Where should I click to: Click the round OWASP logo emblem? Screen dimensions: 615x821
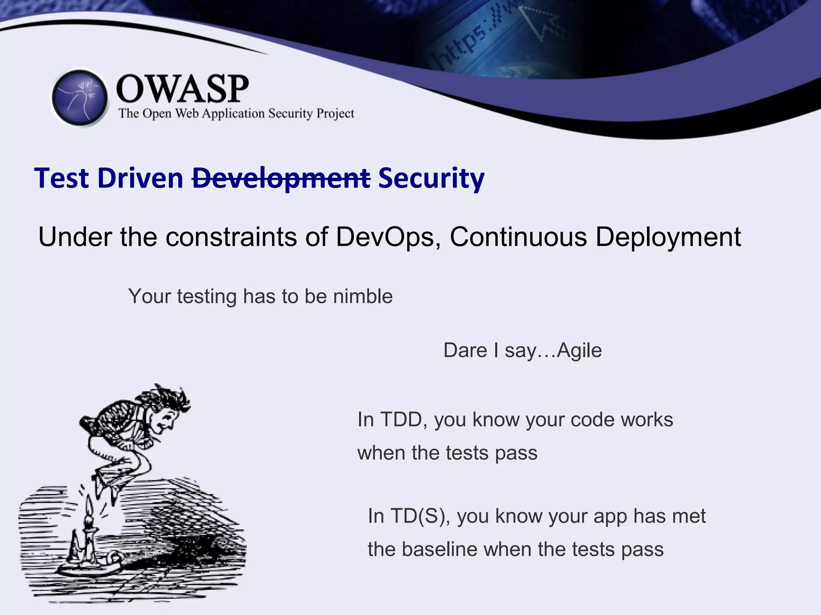coord(80,98)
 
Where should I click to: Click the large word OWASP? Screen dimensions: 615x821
coord(182,89)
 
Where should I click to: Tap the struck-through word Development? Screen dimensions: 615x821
coord(281,178)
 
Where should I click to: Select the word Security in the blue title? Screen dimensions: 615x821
coord(431,178)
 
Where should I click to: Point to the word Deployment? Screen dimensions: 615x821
coord(668,237)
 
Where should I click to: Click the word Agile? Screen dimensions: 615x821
coord(579,350)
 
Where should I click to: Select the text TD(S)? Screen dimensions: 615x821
coord(417,516)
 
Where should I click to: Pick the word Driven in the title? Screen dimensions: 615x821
coord(140,178)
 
